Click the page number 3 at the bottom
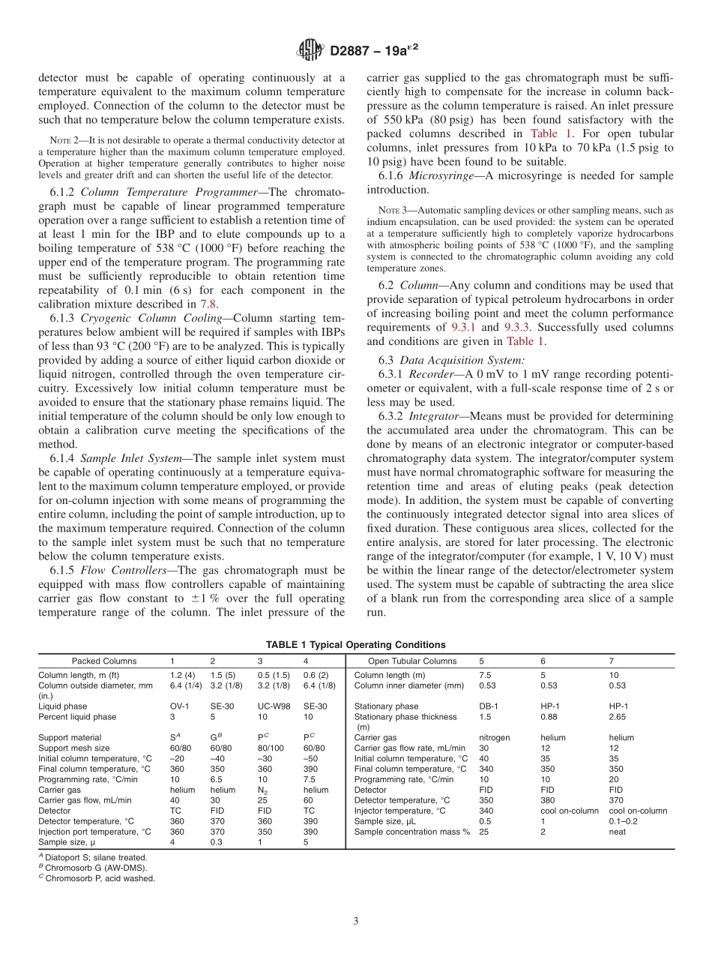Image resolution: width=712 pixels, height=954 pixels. tap(356, 920)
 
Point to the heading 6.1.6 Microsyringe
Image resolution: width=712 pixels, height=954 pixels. tap(427, 175)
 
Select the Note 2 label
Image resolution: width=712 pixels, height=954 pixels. tap(60, 139)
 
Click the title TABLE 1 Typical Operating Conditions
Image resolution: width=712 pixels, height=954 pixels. tap(355, 644)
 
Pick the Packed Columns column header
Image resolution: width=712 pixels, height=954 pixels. tap(104, 661)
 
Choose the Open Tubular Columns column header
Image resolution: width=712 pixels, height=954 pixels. tap(412, 661)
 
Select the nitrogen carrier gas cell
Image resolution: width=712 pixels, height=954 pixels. tap(494, 737)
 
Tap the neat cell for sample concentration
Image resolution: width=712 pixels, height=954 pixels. tap(617, 831)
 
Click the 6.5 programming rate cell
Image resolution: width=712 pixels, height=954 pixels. tap(217, 779)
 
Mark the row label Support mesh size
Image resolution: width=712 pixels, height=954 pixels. tap(73, 748)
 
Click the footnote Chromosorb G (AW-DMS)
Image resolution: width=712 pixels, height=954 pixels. tap(95, 868)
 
